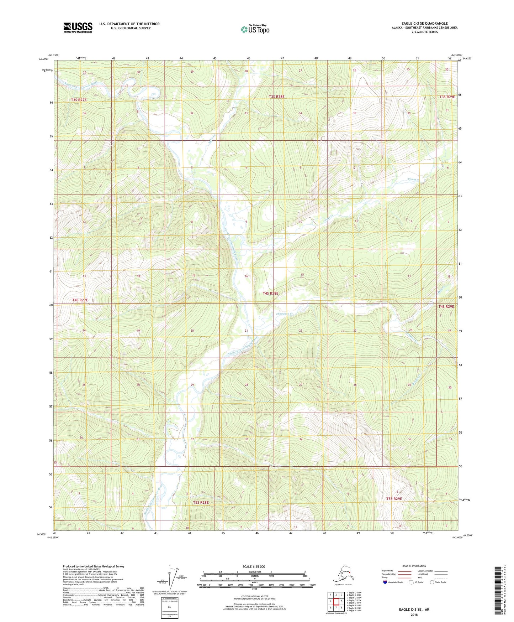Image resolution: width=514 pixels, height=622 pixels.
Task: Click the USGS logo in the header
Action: [x=78, y=27]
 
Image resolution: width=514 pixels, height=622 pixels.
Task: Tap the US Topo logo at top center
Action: [x=255, y=29]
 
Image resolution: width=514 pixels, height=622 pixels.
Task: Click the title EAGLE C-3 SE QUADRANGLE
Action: [x=424, y=24]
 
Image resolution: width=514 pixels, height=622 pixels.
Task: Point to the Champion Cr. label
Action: [x=285, y=314]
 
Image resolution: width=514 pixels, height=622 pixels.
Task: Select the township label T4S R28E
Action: [x=270, y=294]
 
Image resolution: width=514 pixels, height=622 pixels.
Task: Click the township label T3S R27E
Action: [x=79, y=100]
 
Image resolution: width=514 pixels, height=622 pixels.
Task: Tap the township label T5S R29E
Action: [x=394, y=499]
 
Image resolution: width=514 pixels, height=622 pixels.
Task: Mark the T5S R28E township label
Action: [x=201, y=502]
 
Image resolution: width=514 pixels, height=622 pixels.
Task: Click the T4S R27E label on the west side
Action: [x=80, y=300]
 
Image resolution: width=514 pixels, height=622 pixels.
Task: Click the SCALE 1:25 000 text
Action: [x=254, y=567]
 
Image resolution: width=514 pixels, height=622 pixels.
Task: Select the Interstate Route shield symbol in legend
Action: [x=385, y=582]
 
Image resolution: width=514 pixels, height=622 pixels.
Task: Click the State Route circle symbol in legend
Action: [x=432, y=582]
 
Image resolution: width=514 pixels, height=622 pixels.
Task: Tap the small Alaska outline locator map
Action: [x=343, y=575]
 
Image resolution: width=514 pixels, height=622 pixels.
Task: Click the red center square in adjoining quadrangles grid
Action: [x=336, y=601]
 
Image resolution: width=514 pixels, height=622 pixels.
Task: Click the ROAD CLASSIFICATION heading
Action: [x=414, y=566]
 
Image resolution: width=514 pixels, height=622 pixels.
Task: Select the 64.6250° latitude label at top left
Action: [x=44, y=59]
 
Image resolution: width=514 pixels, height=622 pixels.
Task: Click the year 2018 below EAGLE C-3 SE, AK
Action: [x=414, y=615]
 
